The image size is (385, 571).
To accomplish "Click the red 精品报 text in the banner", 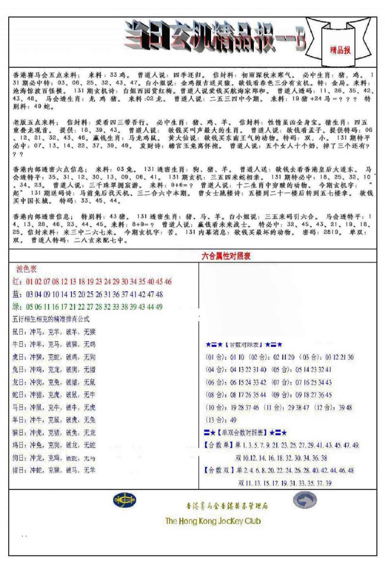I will click(x=340, y=50).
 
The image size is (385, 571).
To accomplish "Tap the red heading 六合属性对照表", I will click(x=226, y=256).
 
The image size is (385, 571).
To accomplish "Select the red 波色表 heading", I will click(x=26, y=269).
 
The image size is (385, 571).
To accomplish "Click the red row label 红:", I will click(x=17, y=282).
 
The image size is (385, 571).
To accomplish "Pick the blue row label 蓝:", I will click(x=17, y=294).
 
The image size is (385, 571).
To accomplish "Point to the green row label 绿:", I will click(x=17, y=307).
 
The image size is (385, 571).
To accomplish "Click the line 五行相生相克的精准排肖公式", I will click(x=51, y=319).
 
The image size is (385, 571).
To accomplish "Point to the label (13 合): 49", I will click(x=221, y=420).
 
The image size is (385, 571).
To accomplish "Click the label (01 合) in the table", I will click(x=215, y=357).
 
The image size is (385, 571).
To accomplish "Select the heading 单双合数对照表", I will click(x=245, y=433).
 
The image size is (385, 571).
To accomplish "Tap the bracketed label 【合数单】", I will click(x=219, y=445).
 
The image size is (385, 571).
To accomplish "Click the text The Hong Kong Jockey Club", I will click(x=213, y=521).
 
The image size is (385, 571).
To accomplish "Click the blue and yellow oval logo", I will click(x=124, y=500).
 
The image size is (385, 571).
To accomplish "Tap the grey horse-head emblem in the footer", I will click(x=305, y=500).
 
